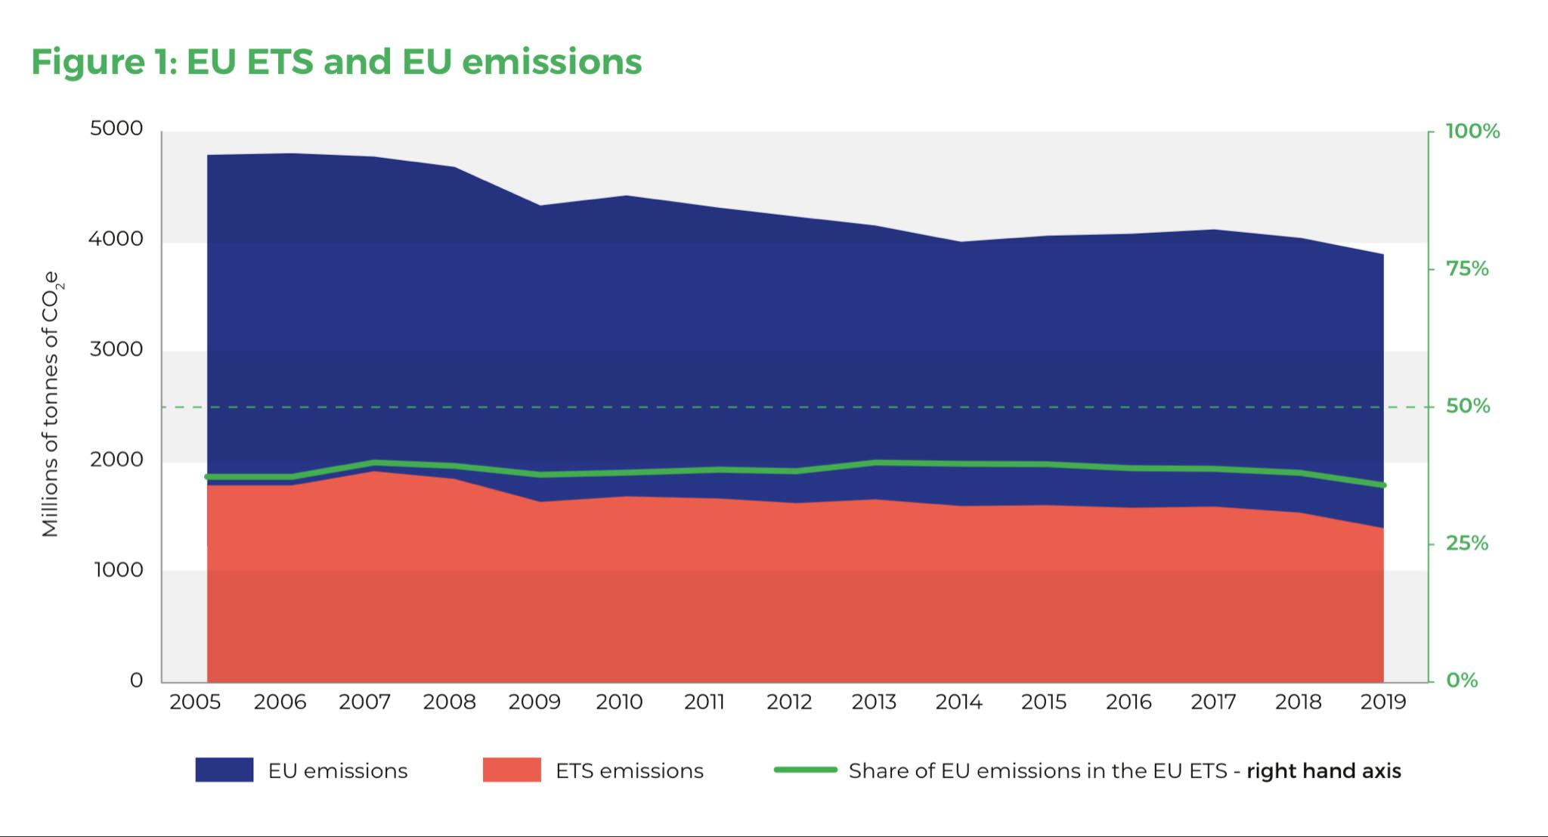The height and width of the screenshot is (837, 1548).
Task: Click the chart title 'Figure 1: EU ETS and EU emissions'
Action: point(336,61)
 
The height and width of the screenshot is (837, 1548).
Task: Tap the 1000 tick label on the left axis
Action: point(118,570)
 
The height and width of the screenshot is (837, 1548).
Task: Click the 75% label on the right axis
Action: point(1467,269)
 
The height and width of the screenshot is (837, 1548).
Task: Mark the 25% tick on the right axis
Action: point(1467,544)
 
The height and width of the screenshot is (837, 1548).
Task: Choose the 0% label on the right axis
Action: point(1462,680)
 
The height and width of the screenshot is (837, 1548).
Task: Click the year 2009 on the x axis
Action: point(534,702)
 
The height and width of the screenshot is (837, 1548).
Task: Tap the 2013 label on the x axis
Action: point(874,702)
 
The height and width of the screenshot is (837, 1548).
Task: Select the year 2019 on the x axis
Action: point(1382,702)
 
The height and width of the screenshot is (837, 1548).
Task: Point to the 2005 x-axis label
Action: point(195,702)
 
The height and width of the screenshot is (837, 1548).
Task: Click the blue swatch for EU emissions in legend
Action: point(224,770)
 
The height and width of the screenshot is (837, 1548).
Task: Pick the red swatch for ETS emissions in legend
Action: point(512,770)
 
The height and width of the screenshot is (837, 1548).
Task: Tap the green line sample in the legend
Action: point(806,770)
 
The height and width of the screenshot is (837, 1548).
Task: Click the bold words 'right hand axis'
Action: point(1324,771)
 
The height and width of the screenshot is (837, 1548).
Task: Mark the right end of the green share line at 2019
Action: point(1383,485)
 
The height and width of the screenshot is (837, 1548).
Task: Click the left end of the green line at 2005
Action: point(208,477)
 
